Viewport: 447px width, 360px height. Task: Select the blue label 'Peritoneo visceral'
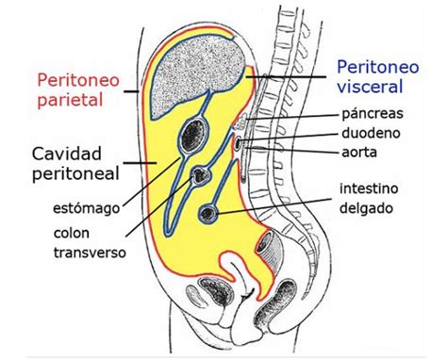point(373,78)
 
